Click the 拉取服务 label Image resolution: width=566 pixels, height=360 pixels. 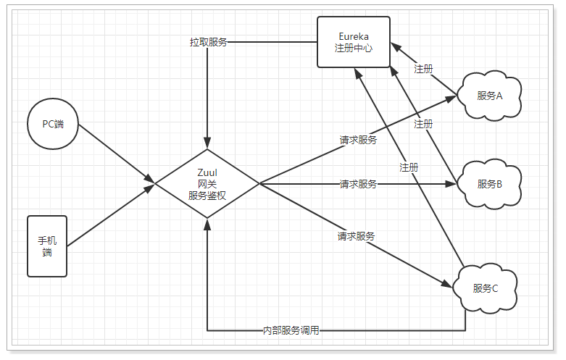(208, 42)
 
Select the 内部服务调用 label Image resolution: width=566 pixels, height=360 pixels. (291, 330)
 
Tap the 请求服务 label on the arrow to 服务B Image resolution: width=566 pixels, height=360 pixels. (358, 184)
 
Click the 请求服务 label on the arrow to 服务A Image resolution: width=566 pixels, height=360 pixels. (358, 140)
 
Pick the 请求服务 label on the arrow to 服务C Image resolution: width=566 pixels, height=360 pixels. (356, 236)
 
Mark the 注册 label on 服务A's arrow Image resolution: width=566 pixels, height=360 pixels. (423, 69)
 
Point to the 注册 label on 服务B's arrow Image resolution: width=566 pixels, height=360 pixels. (423, 124)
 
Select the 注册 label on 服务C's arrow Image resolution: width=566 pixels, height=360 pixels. (409, 167)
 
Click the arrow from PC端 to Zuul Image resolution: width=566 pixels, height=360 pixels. (117, 154)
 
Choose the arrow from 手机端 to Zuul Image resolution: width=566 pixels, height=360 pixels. (111, 215)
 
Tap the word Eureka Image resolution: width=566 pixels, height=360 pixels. (354, 36)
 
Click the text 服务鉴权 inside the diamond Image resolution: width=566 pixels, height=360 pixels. (207, 196)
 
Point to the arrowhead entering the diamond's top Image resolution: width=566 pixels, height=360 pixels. (207, 143)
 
